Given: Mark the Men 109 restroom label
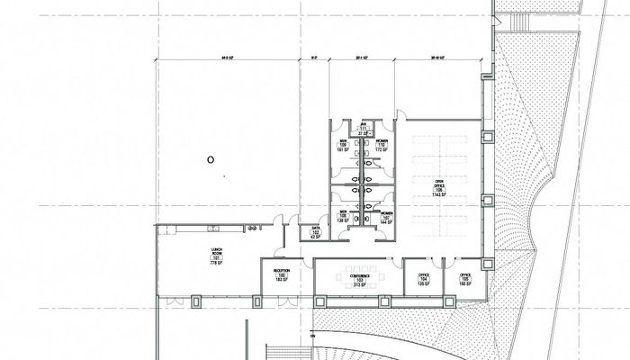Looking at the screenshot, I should tap(343, 144).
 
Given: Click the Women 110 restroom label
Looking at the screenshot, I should tap(382, 144).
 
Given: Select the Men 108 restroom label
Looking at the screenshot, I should tap(343, 217).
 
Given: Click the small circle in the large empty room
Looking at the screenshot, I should tap(210, 160).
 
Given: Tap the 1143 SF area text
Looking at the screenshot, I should tap(439, 195).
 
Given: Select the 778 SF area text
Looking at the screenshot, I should tap(216, 265).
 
